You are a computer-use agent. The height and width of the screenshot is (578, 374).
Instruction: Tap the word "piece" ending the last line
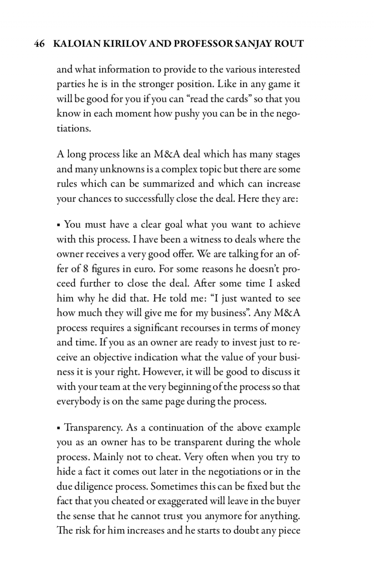(289, 531)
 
